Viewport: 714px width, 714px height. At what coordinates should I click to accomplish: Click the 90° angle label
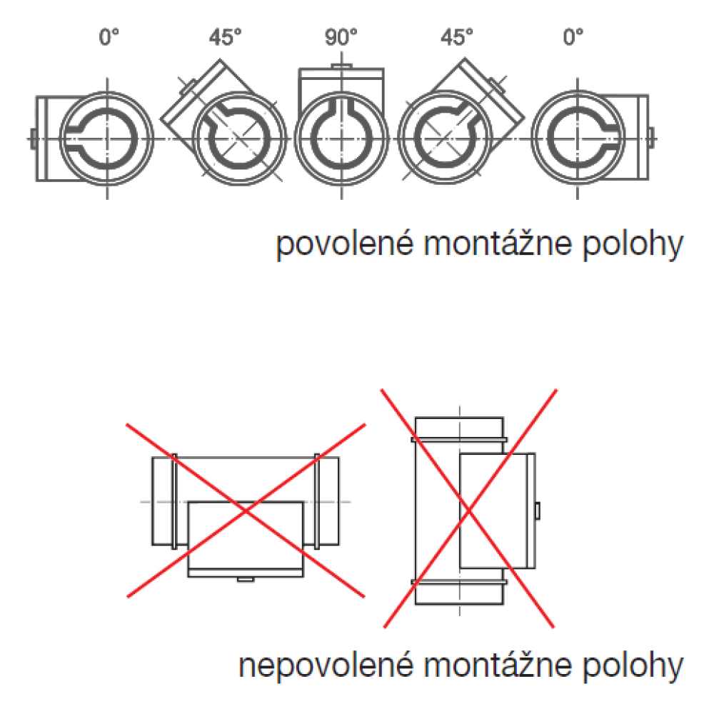click(x=341, y=37)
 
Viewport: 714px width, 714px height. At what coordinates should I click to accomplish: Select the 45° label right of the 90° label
click(x=458, y=37)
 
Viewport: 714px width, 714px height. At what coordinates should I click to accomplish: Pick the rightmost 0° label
click(x=573, y=37)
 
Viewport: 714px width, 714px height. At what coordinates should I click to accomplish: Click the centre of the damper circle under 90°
click(x=341, y=137)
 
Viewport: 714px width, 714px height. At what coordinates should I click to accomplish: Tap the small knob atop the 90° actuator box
click(x=341, y=66)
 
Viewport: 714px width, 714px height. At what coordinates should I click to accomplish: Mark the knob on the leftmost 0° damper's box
click(x=32, y=137)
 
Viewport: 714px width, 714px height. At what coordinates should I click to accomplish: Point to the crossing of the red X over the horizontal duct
click(x=246, y=510)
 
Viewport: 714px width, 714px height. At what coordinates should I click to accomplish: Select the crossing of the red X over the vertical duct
click(x=469, y=508)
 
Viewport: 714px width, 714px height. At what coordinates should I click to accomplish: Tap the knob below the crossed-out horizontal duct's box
click(x=245, y=579)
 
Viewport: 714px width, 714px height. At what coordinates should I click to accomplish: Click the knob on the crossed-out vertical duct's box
click(x=538, y=511)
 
